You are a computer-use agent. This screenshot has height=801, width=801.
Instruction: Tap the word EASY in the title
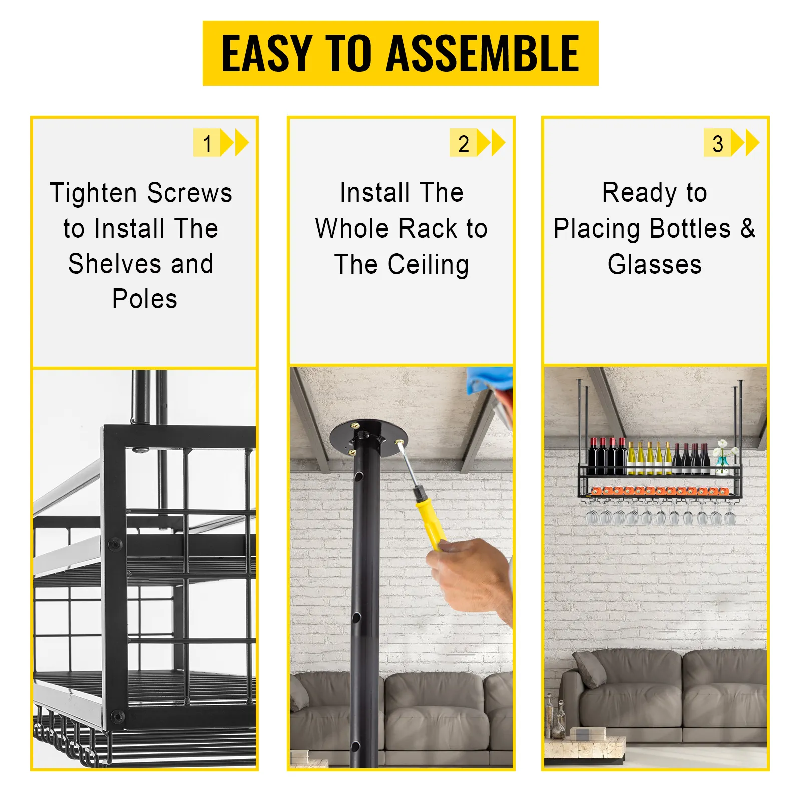click(x=267, y=53)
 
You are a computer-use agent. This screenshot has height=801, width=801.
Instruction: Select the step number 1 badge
click(x=207, y=143)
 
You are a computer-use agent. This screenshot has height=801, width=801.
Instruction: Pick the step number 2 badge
click(x=463, y=143)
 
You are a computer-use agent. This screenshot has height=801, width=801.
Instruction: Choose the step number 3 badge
click(x=717, y=143)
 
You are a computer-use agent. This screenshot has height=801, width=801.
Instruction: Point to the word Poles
click(x=145, y=299)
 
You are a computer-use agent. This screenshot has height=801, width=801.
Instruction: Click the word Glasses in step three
click(x=655, y=264)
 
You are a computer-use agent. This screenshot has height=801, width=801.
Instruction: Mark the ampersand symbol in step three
click(x=748, y=228)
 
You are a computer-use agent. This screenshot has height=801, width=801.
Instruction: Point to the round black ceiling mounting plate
click(x=368, y=438)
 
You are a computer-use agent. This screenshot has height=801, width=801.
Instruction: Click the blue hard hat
click(x=488, y=380)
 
